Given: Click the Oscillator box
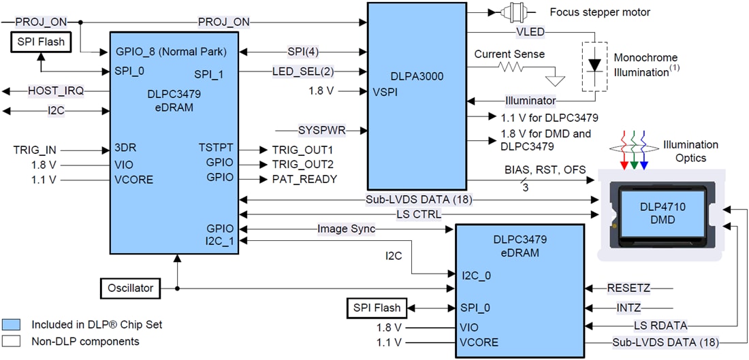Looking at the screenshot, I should pyautogui.click(x=131, y=288).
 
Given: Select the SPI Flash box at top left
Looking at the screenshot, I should pyautogui.click(x=42, y=42).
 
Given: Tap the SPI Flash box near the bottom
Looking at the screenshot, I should pyautogui.click(x=376, y=308).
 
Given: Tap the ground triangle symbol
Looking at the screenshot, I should pyautogui.click(x=557, y=80).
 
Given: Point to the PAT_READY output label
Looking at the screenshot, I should pyautogui.click(x=304, y=180).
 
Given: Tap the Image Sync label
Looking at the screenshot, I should pyautogui.click(x=346, y=229).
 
